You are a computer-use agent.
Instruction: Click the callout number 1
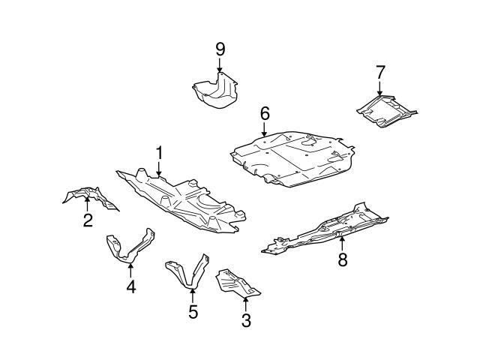click(x=160, y=153)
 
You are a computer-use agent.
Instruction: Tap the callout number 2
click(x=88, y=220)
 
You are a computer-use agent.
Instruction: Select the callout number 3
click(x=246, y=322)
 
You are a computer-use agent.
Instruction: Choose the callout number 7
click(x=380, y=72)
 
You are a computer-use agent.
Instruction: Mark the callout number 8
click(x=343, y=260)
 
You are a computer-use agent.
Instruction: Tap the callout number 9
click(x=220, y=50)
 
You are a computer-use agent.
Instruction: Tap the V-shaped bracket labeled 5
click(x=187, y=274)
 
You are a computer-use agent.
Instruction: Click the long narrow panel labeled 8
click(x=330, y=229)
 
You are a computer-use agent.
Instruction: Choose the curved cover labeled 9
click(x=214, y=90)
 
